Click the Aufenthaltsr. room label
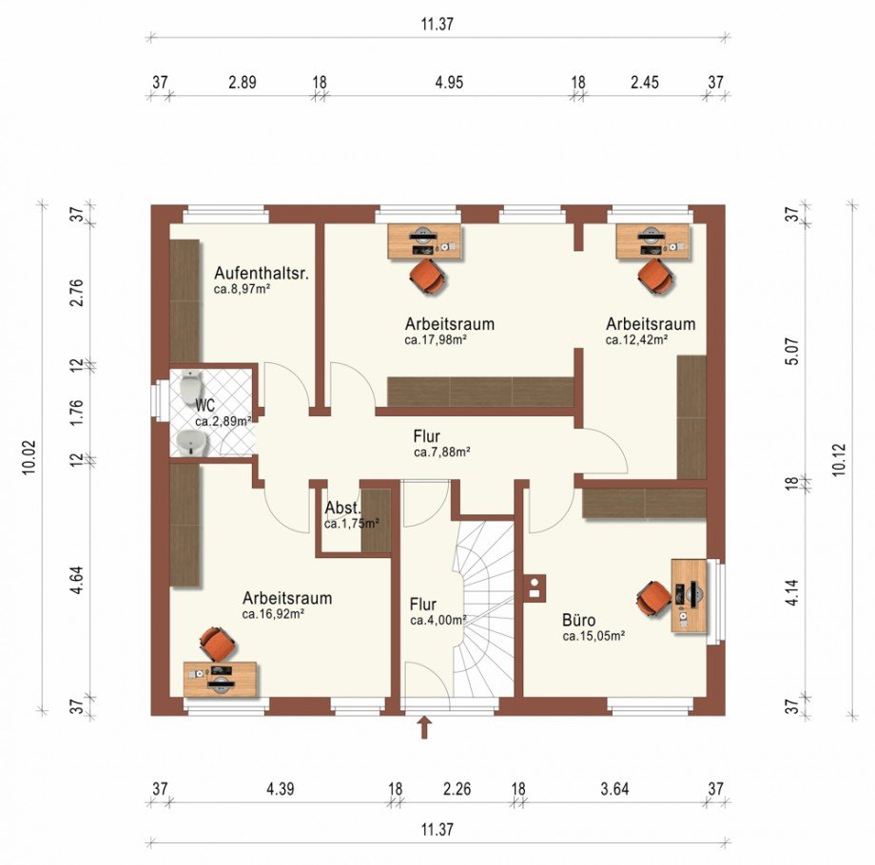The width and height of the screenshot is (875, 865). tap(262, 273)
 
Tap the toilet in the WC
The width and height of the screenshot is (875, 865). tap(191, 385)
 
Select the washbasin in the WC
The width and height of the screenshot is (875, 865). tap(191, 443)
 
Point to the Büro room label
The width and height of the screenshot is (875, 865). tap(578, 620)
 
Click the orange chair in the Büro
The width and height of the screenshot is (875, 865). tap(654, 599)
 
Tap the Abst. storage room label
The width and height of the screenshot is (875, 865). tap(342, 509)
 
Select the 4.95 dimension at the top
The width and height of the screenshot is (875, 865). tap(449, 83)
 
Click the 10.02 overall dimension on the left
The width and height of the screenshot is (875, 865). tap(29, 457)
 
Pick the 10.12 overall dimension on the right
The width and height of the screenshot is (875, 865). tap(838, 459)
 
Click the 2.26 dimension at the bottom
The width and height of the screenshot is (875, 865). tap(457, 789)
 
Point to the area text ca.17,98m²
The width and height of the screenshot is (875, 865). tap(436, 339)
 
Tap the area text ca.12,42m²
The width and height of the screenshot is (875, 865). tap(636, 339)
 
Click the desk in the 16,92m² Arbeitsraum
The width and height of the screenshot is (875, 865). tap(220, 679)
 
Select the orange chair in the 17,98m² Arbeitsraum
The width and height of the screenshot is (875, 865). tap(427, 276)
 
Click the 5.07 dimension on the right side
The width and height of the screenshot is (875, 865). tap(793, 351)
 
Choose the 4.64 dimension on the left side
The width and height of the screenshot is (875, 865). tap(77, 580)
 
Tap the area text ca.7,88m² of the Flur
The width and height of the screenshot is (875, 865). tap(442, 452)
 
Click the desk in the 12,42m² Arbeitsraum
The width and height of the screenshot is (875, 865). tap(652, 240)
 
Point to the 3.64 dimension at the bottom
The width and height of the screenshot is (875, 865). tap(614, 789)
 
